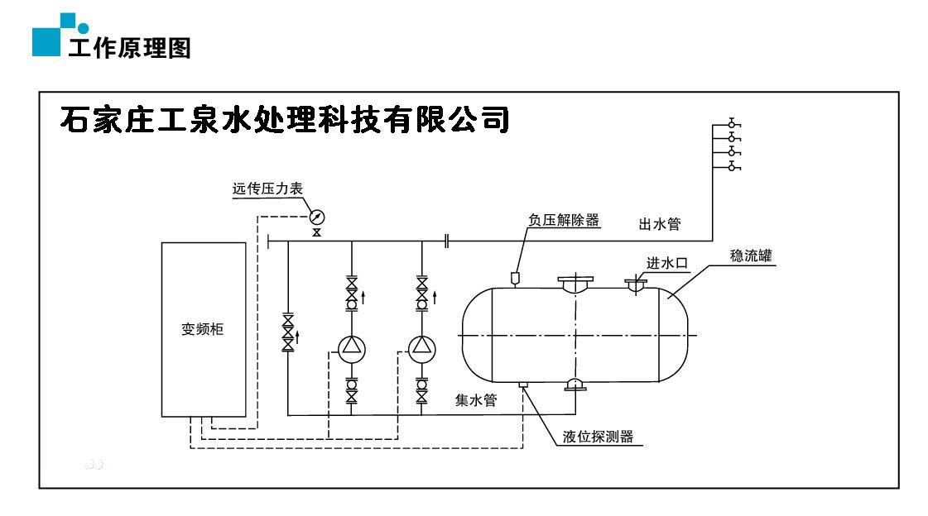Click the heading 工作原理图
point(129,47)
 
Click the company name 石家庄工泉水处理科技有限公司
point(284,120)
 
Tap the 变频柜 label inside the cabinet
point(203,329)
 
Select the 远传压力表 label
point(267,189)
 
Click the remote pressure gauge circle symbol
point(316,217)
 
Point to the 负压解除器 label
point(564,221)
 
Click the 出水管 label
point(659,223)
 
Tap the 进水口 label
point(667,263)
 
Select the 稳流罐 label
point(751,256)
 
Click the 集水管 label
point(476,400)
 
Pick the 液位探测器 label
point(598,437)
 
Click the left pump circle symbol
point(351,347)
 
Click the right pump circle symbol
point(422,347)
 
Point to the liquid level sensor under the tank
point(522,385)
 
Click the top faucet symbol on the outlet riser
point(732,124)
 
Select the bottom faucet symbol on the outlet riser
point(732,167)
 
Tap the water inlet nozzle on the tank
point(636,286)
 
